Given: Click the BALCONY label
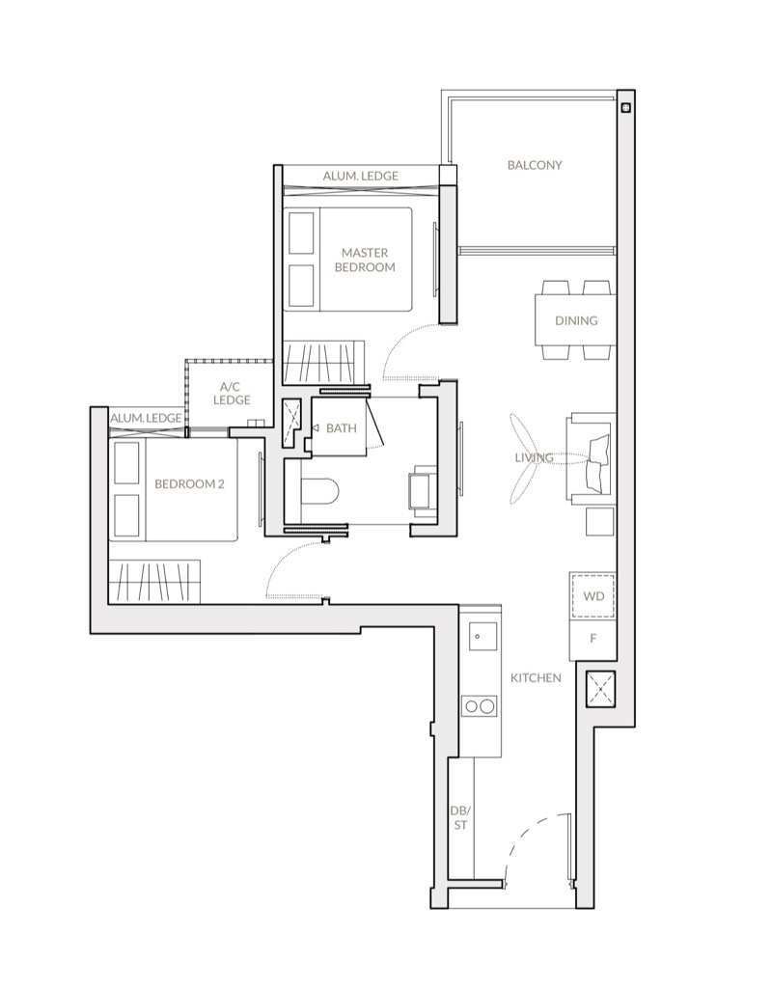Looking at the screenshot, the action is [x=535, y=165].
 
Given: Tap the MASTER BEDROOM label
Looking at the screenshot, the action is [x=365, y=260].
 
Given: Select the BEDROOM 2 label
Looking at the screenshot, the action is [x=189, y=484].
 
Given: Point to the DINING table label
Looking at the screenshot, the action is [x=576, y=320].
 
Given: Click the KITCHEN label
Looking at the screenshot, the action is [x=536, y=678].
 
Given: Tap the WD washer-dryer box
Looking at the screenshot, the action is [x=593, y=596].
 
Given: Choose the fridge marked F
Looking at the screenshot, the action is [x=593, y=640].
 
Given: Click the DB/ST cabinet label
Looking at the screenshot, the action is [x=460, y=817].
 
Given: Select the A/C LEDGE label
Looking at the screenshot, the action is [x=232, y=394].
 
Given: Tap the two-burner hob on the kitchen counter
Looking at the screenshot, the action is [x=480, y=706].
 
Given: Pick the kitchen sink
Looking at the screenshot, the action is [x=482, y=636].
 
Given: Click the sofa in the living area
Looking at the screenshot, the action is [x=593, y=458].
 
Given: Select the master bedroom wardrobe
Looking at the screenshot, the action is [x=323, y=363].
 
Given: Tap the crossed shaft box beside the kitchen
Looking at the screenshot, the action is [x=600, y=688].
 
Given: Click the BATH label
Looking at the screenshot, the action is [x=342, y=428].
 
